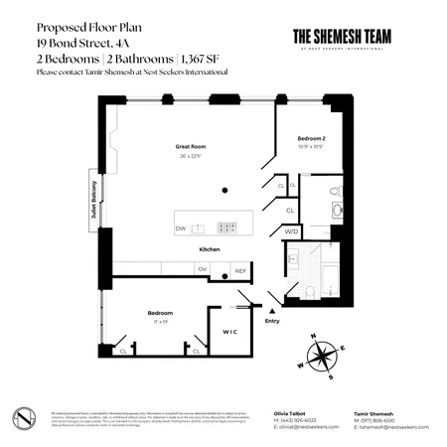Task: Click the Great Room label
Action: pyautogui.click(x=191, y=146)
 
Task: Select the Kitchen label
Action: pyautogui.click(x=210, y=248)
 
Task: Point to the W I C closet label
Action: pyautogui.click(x=229, y=331)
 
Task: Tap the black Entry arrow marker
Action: pyautogui.click(x=271, y=310)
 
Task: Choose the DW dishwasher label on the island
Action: pyautogui.click(x=181, y=228)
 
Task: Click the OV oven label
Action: pyautogui.click(x=202, y=269)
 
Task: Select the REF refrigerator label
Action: pyautogui.click(x=239, y=269)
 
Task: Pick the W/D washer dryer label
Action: pyautogui.click(x=291, y=231)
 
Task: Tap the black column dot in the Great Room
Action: pyautogui.click(x=226, y=190)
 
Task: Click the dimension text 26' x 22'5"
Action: pyautogui.click(x=191, y=155)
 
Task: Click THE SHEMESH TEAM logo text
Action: pyautogui.click(x=343, y=34)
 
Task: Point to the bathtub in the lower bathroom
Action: pyautogui.click(x=320, y=255)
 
